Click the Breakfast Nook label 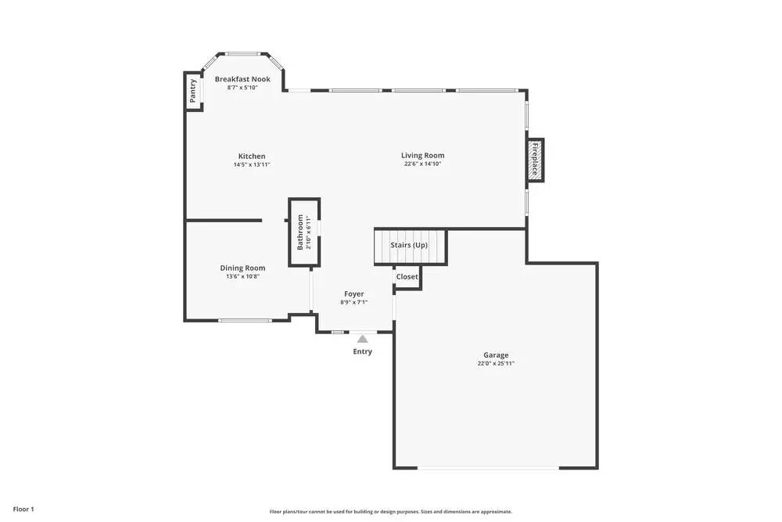(x=242, y=79)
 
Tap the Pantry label (x=193, y=92)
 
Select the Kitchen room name (x=252, y=156)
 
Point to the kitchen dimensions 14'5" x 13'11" (x=252, y=164)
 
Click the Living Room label (x=423, y=155)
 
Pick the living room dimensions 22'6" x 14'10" (x=423, y=164)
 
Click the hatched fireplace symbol (x=535, y=160)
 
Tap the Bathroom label (x=300, y=232)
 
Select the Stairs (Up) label (x=409, y=245)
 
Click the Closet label (x=407, y=277)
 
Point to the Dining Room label (x=242, y=268)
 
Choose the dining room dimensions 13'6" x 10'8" (x=242, y=276)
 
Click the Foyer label (x=354, y=293)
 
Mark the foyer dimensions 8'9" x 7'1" (x=354, y=302)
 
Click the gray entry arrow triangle (x=362, y=339)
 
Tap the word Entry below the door (x=362, y=351)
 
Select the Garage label (x=496, y=355)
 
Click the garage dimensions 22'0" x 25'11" (x=496, y=363)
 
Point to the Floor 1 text (x=23, y=509)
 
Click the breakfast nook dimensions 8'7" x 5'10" (x=242, y=88)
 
